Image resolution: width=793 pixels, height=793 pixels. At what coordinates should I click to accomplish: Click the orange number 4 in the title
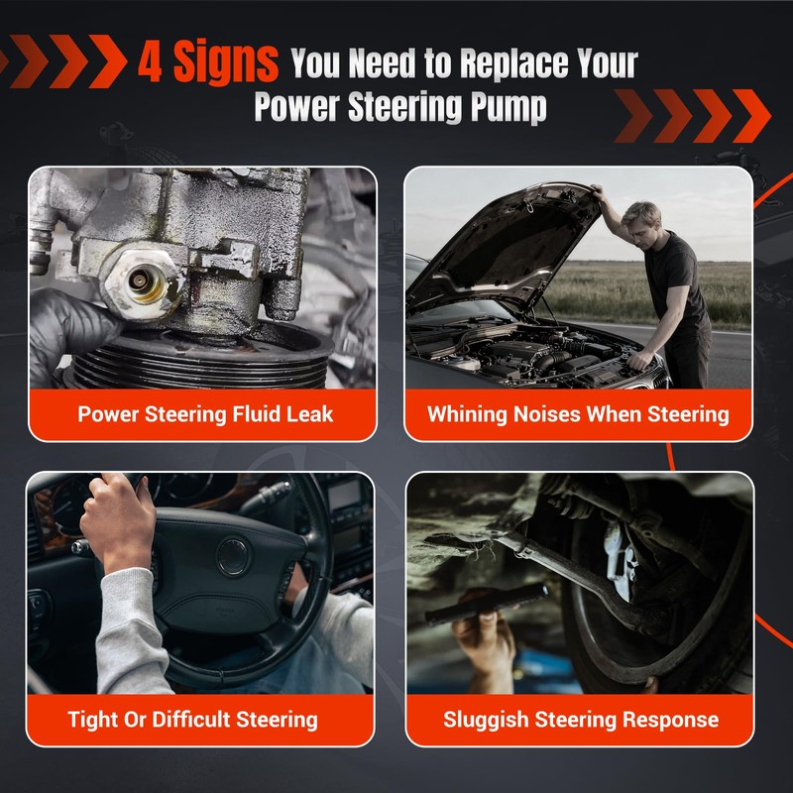pos(151,61)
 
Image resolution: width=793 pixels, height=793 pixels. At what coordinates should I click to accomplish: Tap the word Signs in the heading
pos(226,62)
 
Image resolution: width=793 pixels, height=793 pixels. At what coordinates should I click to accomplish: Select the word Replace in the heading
pos(515,63)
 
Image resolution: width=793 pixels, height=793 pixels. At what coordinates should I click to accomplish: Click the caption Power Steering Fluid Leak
pos(205,414)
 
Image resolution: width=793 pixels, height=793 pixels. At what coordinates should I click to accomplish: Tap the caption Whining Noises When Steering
pos(578,414)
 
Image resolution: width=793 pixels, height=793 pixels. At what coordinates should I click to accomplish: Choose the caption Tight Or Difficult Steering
pos(192,720)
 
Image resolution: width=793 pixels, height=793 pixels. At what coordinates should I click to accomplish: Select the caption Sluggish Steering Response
pos(581,720)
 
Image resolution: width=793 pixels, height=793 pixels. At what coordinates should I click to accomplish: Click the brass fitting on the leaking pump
pos(142,283)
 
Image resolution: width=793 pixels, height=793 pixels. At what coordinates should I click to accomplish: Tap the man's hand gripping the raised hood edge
pos(600,191)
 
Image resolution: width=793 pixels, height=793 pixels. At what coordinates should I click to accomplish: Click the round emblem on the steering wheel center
pos(233,556)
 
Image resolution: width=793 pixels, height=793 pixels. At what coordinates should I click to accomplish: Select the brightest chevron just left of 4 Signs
pos(108,61)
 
